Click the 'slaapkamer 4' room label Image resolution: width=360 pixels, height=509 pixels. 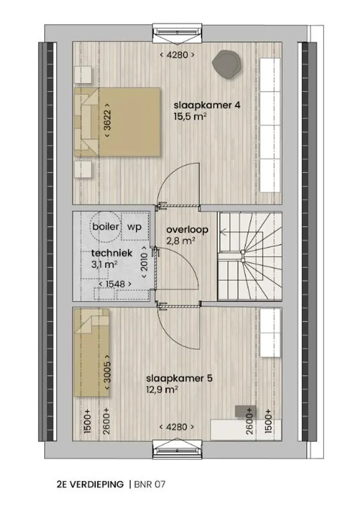point(207,106)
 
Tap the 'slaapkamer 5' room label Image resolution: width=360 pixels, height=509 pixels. point(179,378)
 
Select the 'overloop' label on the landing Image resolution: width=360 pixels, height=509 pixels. point(188,230)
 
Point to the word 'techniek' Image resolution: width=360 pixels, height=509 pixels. point(112,253)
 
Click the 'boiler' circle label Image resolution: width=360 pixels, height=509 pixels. point(106,226)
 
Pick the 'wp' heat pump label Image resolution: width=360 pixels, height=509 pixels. point(134,227)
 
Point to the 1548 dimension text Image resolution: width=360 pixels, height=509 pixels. point(115,284)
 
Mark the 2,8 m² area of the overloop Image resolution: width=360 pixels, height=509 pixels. point(180,241)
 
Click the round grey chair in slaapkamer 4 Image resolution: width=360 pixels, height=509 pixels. point(227,64)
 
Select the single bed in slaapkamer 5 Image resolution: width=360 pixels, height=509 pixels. point(91,353)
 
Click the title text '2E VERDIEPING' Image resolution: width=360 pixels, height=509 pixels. point(90,484)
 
